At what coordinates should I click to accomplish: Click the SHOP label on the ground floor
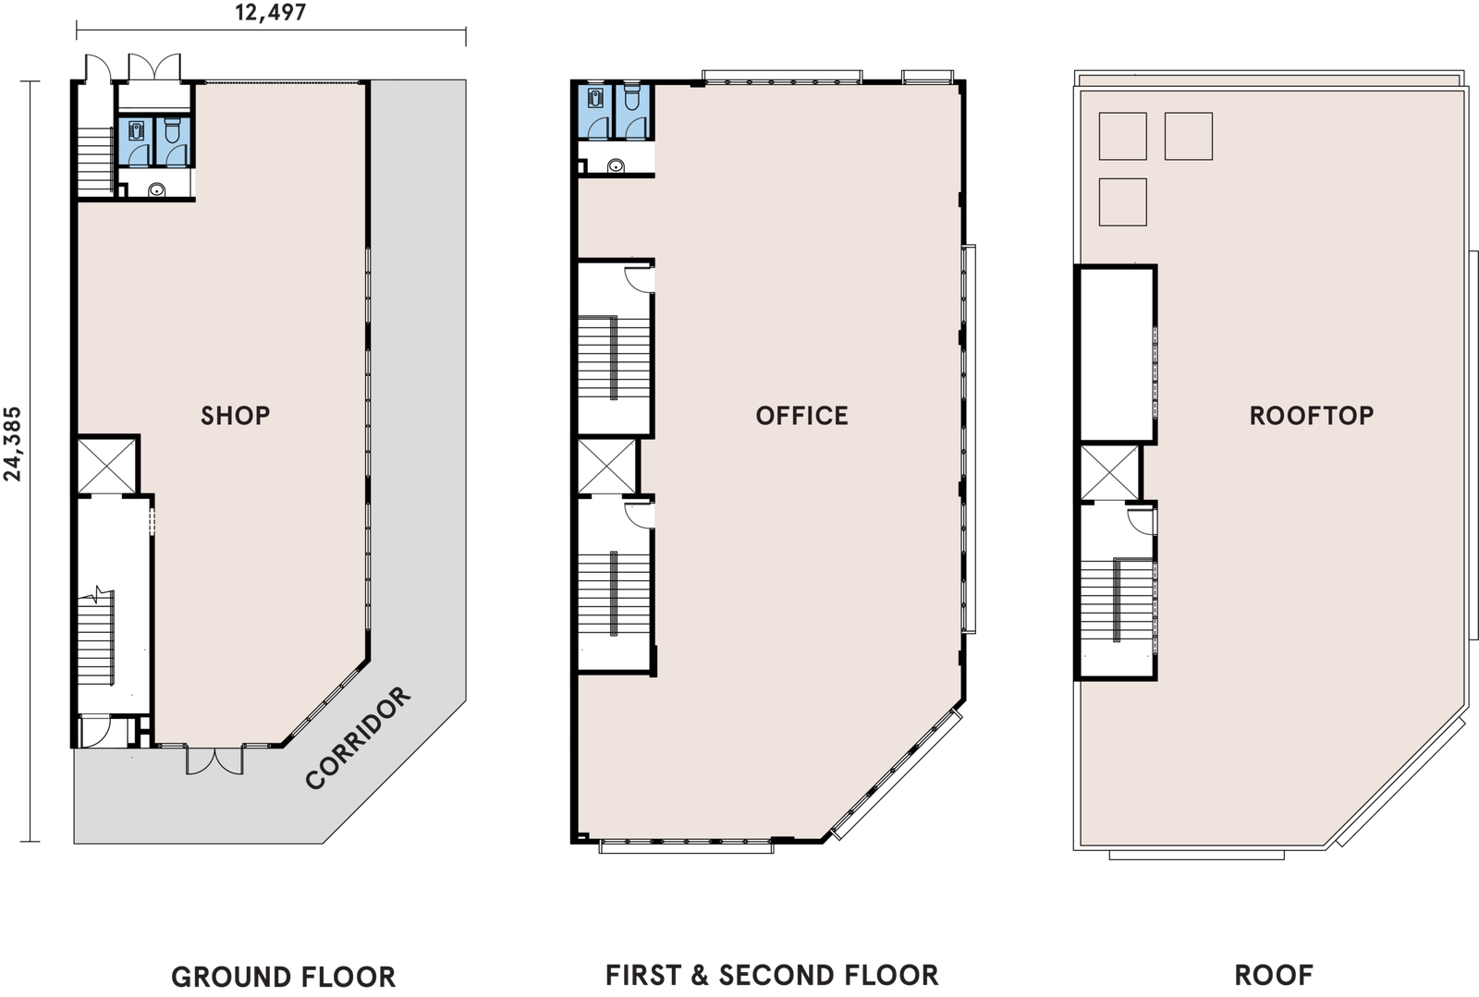tap(235, 416)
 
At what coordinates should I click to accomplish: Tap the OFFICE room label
tap(801, 416)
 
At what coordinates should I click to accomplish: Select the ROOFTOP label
tap(1312, 416)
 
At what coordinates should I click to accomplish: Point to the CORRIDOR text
tap(358, 737)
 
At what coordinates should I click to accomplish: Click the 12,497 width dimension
tap(271, 13)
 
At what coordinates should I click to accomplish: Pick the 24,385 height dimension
tap(13, 444)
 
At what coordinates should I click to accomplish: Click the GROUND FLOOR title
tap(283, 977)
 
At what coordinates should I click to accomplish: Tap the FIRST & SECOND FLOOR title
tap(772, 975)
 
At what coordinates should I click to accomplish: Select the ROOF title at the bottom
tap(1274, 975)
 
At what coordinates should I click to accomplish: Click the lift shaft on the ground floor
tap(106, 466)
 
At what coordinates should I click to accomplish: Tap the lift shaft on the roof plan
tap(1109, 472)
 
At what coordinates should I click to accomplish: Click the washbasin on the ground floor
tap(157, 190)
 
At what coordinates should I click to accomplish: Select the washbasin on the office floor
tap(616, 165)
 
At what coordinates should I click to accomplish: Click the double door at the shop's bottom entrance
tap(214, 760)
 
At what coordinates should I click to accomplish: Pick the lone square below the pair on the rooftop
tap(1122, 202)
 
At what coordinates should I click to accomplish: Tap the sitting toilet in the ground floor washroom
tap(172, 130)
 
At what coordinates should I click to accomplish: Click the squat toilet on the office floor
tap(596, 97)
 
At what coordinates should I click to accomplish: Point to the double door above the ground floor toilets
tap(153, 67)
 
